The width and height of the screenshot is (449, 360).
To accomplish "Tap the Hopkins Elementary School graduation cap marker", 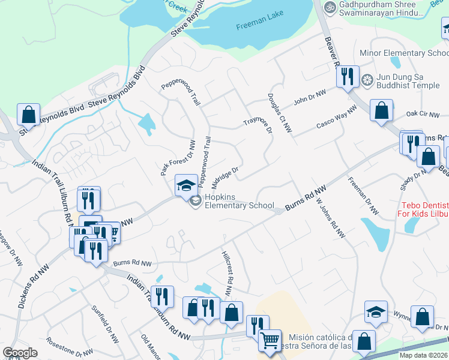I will (x=186, y=185).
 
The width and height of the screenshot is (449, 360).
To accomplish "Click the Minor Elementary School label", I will (x=403, y=53).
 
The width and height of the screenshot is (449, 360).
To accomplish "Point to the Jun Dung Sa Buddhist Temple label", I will (x=408, y=82).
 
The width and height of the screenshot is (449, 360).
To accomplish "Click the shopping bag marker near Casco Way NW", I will (x=381, y=110).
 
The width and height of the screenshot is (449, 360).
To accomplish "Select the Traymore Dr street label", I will (x=258, y=121).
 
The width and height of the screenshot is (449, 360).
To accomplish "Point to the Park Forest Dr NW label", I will (x=178, y=158).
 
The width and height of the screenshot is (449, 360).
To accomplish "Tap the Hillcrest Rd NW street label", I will (x=228, y=274).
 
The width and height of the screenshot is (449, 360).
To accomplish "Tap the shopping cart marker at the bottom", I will (x=270, y=340).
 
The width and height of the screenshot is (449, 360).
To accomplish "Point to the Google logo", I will (x=20, y=353).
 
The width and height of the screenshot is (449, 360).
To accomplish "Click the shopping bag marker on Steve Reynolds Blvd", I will (x=28, y=114).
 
